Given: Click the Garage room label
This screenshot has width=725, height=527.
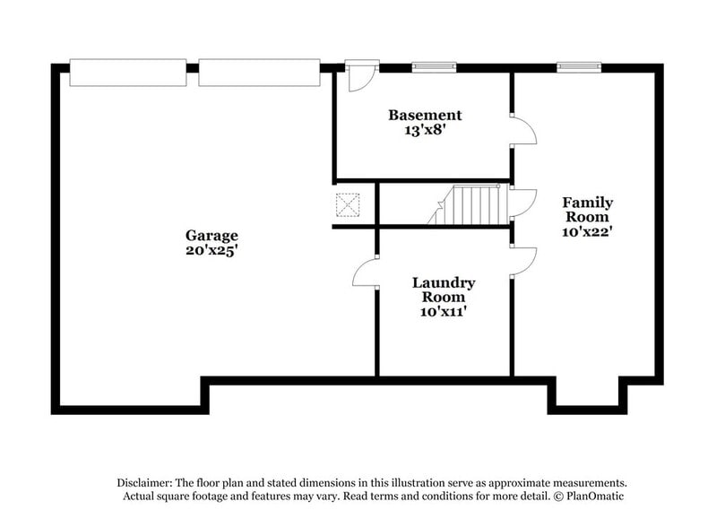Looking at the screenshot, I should click(211, 236).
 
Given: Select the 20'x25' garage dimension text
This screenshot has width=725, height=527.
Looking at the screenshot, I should click(211, 250).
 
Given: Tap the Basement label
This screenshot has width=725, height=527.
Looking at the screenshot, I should click(425, 115).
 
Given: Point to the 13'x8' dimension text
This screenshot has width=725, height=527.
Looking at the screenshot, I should click(425, 129).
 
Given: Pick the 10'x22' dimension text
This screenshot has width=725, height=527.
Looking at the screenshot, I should click(587, 231).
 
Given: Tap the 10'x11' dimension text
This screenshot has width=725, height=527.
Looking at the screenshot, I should click(443, 312).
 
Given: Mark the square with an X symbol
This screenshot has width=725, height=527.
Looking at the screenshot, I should click(347, 204).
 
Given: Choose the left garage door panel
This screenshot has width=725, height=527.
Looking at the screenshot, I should click(128, 73).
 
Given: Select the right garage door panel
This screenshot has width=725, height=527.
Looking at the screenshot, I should click(259, 73).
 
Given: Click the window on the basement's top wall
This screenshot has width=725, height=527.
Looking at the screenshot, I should click(434, 66).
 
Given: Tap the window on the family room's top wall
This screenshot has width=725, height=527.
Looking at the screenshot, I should click(578, 66).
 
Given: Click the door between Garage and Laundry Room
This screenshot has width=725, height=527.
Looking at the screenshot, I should click(367, 272).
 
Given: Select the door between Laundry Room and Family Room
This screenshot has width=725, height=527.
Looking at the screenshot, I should click(522, 262).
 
